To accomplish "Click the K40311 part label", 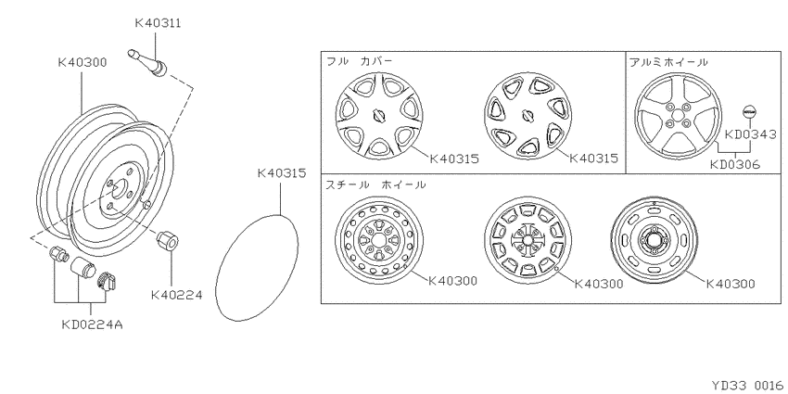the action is coord(158,23).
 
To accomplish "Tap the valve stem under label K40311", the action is coord(148,63).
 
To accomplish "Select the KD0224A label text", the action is coord(92,324).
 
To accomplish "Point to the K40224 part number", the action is coord(176,295).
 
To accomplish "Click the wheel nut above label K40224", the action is coord(167,240).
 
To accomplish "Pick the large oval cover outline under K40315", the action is coord(256,267).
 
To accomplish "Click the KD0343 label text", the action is coord(751,134).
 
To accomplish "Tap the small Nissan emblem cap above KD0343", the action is coord(749,112).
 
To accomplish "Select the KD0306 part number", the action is coord(735,164).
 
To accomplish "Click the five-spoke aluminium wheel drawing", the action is coord(678,116).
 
